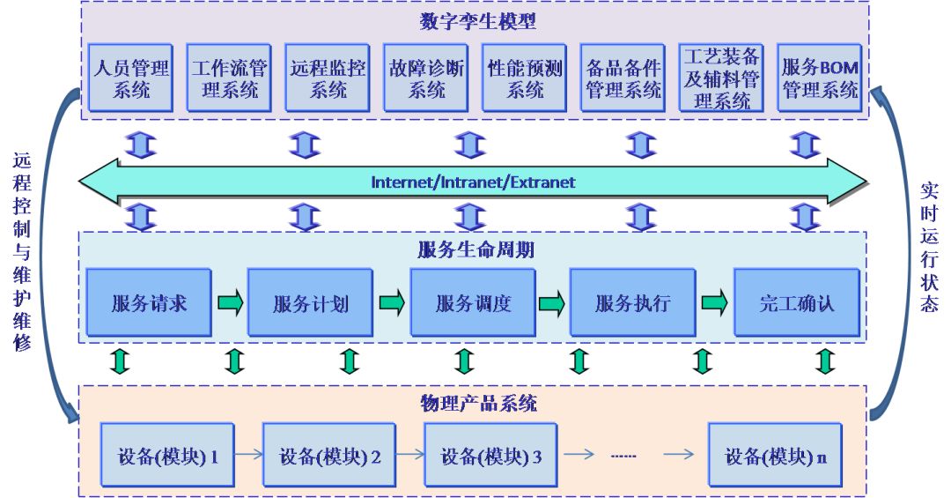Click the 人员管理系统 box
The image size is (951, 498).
130,78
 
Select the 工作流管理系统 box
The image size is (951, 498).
229,78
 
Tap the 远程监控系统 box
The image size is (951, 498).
328,78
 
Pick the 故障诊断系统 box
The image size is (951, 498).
426,78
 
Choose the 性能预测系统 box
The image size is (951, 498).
525,78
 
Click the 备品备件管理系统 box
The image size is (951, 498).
623,78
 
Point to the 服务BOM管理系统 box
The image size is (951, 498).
820,78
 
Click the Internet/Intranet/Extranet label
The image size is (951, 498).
473,182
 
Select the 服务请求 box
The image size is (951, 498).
149,304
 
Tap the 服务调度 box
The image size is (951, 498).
473,304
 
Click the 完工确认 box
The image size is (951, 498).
796,304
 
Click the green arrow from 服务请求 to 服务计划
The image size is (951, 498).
230,303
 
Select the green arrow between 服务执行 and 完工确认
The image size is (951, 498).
714,303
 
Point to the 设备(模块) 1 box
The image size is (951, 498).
167,457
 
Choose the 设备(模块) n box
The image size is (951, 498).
775,457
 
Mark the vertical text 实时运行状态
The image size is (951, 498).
929,248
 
